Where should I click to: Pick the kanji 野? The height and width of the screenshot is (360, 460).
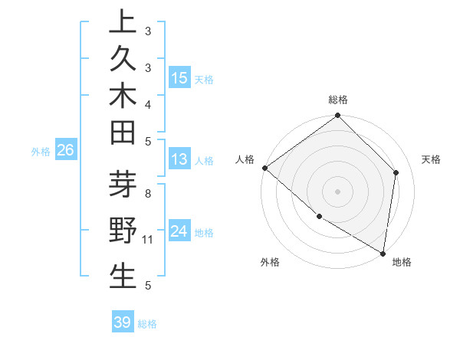coord(123,231)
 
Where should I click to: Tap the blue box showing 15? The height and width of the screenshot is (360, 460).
coord(179,77)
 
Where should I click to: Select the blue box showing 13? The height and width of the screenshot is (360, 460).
coord(179,160)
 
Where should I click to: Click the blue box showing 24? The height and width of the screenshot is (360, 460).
coord(179,231)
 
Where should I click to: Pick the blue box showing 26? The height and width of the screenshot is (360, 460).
coord(66,151)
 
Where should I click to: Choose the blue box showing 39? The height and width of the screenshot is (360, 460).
coord(123,322)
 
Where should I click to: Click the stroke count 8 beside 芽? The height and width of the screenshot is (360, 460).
coord(148,194)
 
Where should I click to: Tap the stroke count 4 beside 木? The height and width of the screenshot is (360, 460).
coord(148,103)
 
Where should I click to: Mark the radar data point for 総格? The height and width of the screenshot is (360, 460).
coord(338,116)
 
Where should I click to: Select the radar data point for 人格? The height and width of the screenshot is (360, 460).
coord(264,168)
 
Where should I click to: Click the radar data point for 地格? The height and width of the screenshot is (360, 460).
coord(383,252)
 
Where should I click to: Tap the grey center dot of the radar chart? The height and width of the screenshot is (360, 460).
coord(338,191)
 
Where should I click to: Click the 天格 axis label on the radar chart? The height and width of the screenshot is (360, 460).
coord(431,159)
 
